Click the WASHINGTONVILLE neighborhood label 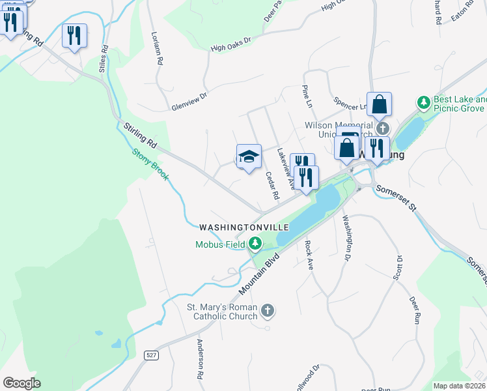[244, 227]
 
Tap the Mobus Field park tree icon [255, 244]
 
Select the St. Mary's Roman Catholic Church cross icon [267, 311]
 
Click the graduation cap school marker [249, 157]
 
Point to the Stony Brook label [150, 163]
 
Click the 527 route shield [151, 355]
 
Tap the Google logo [21, 383]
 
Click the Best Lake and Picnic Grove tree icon [424, 103]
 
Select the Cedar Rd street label [272, 186]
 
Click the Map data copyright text [460, 386]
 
